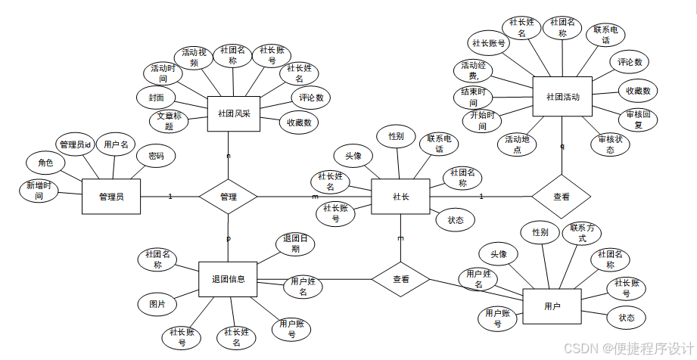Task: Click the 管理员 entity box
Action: click(111, 197)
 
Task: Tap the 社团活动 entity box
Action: click(562, 97)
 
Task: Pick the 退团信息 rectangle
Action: click(228, 279)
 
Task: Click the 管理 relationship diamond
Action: click(228, 197)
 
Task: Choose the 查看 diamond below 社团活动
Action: click(561, 197)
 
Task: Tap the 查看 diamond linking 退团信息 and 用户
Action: click(400, 279)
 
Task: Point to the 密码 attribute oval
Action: click(156, 157)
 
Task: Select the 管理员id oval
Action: click(76, 144)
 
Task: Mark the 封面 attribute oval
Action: click(156, 97)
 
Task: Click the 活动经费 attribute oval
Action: click(474, 71)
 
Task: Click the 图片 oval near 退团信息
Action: click(157, 304)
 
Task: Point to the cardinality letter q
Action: click(562, 146)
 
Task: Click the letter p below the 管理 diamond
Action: click(229, 238)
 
